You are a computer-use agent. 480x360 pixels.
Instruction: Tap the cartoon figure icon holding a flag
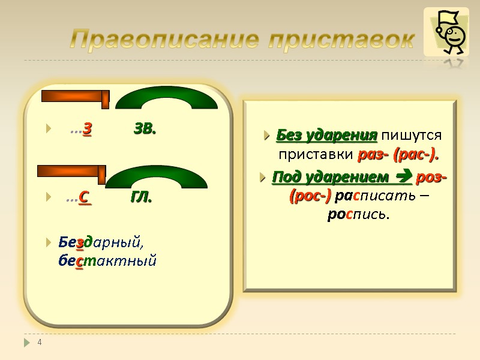click(446, 33)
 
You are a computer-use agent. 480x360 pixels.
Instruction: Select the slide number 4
click(40, 342)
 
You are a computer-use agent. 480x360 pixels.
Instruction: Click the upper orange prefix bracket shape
click(76, 97)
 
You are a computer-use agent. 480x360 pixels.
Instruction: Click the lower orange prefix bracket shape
click(71, 172)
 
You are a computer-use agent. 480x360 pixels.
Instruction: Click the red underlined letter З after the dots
click(88, 128)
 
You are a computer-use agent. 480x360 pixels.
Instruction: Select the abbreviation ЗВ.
click(145, 128)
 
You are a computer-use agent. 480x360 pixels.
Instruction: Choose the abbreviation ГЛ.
click(141, 196)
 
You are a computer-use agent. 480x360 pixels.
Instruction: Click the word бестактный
click(107, 260)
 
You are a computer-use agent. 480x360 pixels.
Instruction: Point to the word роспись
click(358, 214)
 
